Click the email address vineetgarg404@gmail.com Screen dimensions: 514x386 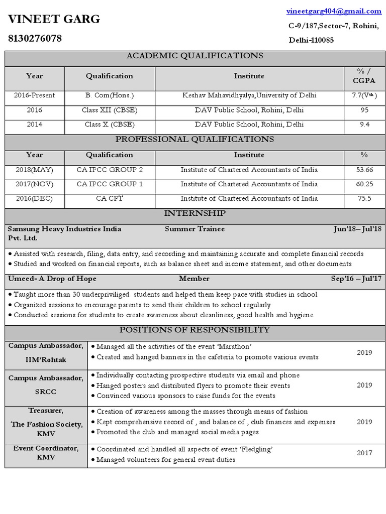(x=334, y=11)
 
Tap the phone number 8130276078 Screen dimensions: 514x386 (x=35, y=38)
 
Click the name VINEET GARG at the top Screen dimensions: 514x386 (x=54, y=19)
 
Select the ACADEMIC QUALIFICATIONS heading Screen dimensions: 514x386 (x=195, y=56)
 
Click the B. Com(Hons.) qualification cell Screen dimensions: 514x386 (x=110, y=95)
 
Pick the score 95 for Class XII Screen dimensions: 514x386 (x=364, y=110)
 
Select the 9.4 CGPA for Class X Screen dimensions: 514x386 (x=364, y=124)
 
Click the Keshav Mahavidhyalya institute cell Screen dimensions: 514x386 (x=249, y=95)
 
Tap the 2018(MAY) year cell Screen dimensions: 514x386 (x=34, y=170)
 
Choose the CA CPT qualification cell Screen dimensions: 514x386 (x=110, y=198)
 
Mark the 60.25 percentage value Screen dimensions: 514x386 (x=364, y=184)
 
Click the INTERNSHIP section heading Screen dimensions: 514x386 (x=195, y=214)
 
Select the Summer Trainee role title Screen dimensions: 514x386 (x=195, y=229)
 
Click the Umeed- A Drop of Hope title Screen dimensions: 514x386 (x=52, y=279)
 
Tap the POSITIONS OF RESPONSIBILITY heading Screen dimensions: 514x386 (x=195, y=330)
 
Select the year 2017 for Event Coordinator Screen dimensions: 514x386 (x=364, y=453)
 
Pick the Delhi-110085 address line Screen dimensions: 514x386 (x=311, y=40)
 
